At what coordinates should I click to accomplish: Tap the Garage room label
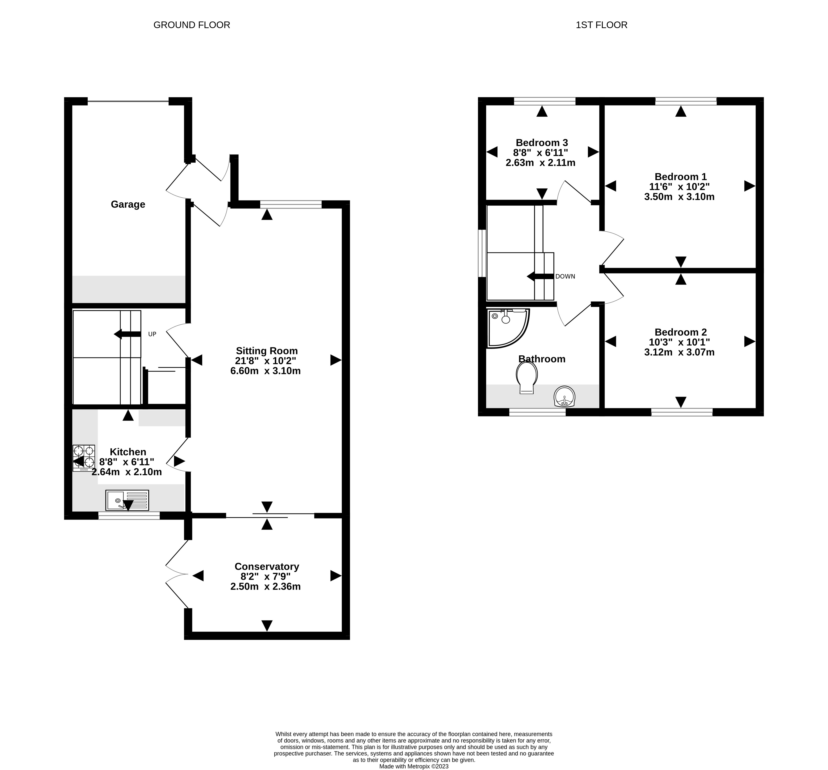point(128,204)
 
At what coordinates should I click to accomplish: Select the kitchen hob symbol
point(84,458)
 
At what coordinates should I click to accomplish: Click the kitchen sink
point(127,500)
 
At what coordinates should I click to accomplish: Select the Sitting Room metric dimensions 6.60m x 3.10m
point(265,371)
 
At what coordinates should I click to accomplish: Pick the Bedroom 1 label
point(681,177)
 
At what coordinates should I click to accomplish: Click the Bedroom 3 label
point(542,143)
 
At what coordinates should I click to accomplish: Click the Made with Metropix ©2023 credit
point(414,766)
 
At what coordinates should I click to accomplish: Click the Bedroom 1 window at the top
point(686,101)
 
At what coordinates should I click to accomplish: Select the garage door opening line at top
point(128,101)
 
